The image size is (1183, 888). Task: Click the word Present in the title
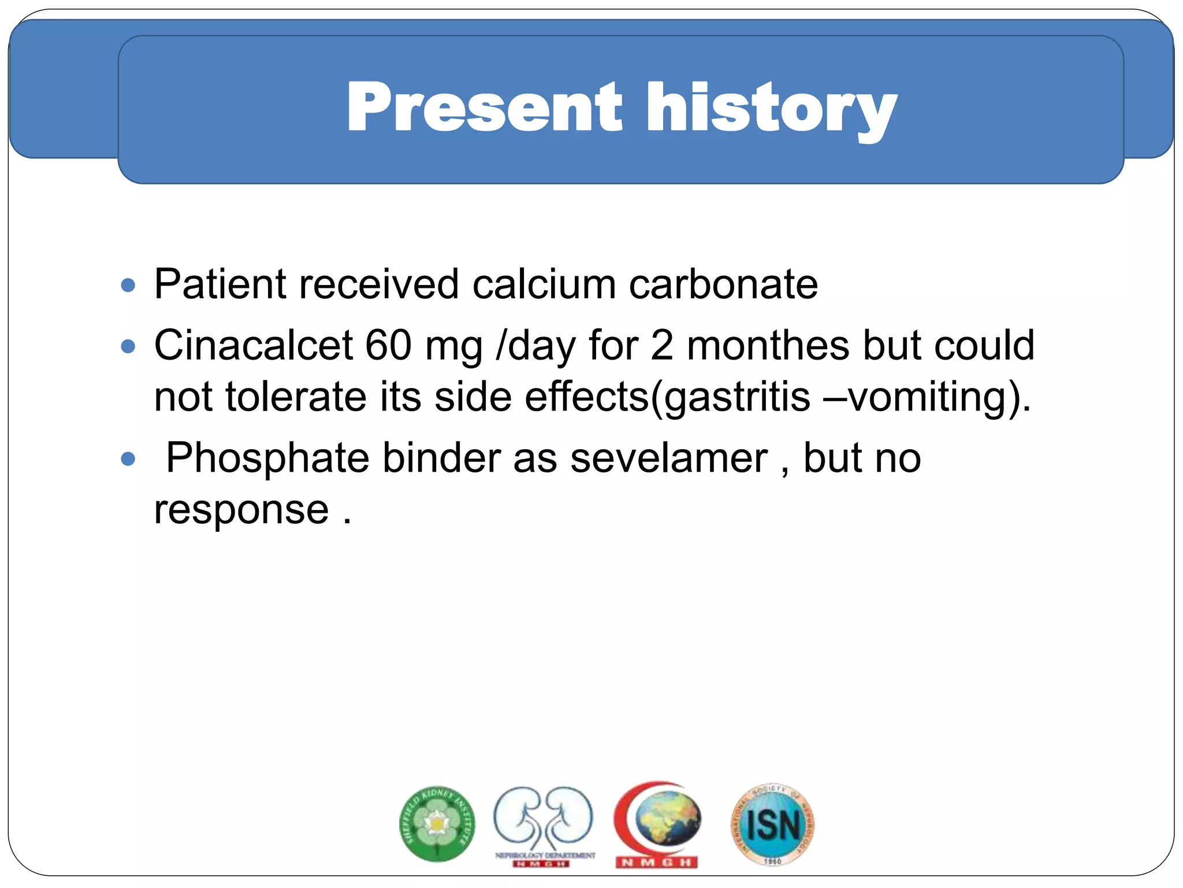click(x=484, y=108)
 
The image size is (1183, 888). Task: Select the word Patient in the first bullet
click(x=220, y=284)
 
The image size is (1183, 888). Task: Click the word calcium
click(x=544, y=284)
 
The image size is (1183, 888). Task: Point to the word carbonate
click(x=723, y=284)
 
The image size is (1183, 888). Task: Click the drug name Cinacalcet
click(x=254, y=345)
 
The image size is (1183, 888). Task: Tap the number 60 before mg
click(x=388, y=345)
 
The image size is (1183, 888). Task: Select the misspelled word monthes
click(x=768, y=345)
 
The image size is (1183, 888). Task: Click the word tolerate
click(x=296, y=397)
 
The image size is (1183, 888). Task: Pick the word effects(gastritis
click(x=667, y=397)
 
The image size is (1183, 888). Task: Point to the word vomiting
click(x=927, y=397)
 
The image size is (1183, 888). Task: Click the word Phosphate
click(x=267, y=458)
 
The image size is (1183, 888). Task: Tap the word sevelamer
click(x=669, y=458)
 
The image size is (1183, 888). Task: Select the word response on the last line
click(x=241, y=510)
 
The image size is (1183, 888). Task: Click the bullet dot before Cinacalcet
click(x=128, y=347)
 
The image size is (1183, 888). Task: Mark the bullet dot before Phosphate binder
click(x=128, y=460)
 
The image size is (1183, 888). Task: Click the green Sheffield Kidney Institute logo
click(x=437, y=823)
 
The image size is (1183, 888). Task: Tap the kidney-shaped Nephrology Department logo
click(x=543, y=823)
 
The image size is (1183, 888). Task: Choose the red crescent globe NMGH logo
click(x=657, y=823)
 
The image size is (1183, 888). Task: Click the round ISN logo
click(x=772, y=824)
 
